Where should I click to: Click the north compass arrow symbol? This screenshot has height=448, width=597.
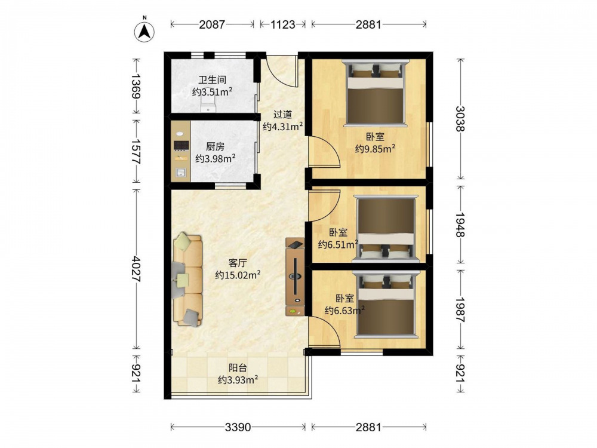pos(144,31)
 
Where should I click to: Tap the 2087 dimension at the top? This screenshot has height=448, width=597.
pos(212,24)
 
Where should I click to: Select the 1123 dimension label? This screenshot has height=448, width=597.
pos(283,24)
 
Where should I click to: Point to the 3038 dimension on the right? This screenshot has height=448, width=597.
pos(461,118)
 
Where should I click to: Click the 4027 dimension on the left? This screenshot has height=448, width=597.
pos(136,269)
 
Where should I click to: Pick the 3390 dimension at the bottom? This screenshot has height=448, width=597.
pos(238,427)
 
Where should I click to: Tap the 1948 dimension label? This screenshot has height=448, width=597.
pos(461,225)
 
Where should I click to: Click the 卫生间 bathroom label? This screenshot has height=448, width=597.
pos(213,80)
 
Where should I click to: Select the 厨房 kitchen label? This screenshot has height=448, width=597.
pos(215,146)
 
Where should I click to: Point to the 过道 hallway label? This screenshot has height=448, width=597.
pos(283,114)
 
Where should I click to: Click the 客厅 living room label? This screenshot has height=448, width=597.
pos(238,263)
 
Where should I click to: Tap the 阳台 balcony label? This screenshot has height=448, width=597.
pos(238,367)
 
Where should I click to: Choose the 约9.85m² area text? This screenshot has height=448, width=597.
pos(375,148)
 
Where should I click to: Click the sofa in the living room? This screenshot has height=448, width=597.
pos(187,280)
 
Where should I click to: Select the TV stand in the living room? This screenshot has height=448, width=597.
pos(296,276)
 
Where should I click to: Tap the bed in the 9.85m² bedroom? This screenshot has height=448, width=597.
pos(375,93)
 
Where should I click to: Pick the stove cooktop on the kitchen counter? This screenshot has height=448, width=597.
pos(181,145)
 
